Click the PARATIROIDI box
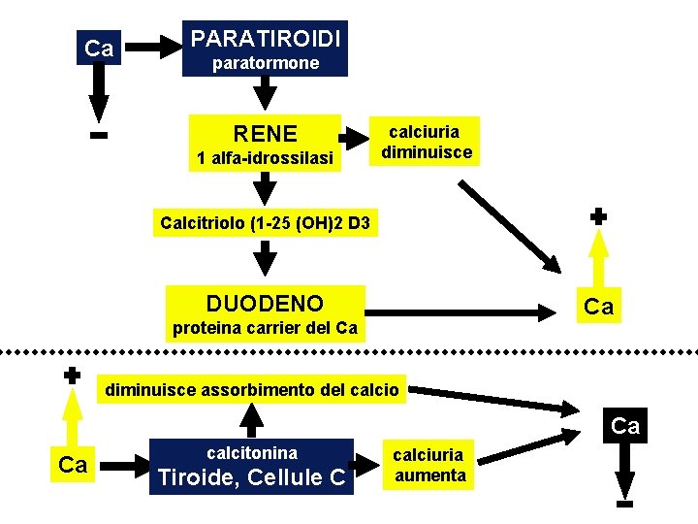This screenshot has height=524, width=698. point(266,39)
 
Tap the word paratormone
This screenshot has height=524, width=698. point(266,63)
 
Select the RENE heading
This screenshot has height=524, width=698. point(266,133)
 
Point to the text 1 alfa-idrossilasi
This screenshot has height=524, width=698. point(265,157)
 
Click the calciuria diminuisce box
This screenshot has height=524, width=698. point(426,142)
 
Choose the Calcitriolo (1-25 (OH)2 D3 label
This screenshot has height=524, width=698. point(264,224)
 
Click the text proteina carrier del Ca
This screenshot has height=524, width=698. point(265,328)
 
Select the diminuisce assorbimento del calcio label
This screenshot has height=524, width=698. point(251,390)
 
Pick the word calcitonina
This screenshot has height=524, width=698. point(252,452)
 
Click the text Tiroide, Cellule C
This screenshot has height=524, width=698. point(252,477)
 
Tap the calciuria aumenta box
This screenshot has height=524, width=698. point(429,465)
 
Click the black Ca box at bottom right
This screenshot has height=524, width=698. point(625,426)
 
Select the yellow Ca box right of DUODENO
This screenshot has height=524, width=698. point(598,308)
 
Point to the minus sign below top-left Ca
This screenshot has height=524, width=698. point(98,136)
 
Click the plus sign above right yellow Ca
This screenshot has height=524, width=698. point(599,216)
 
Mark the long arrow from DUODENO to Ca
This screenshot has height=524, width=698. point(457,311)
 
